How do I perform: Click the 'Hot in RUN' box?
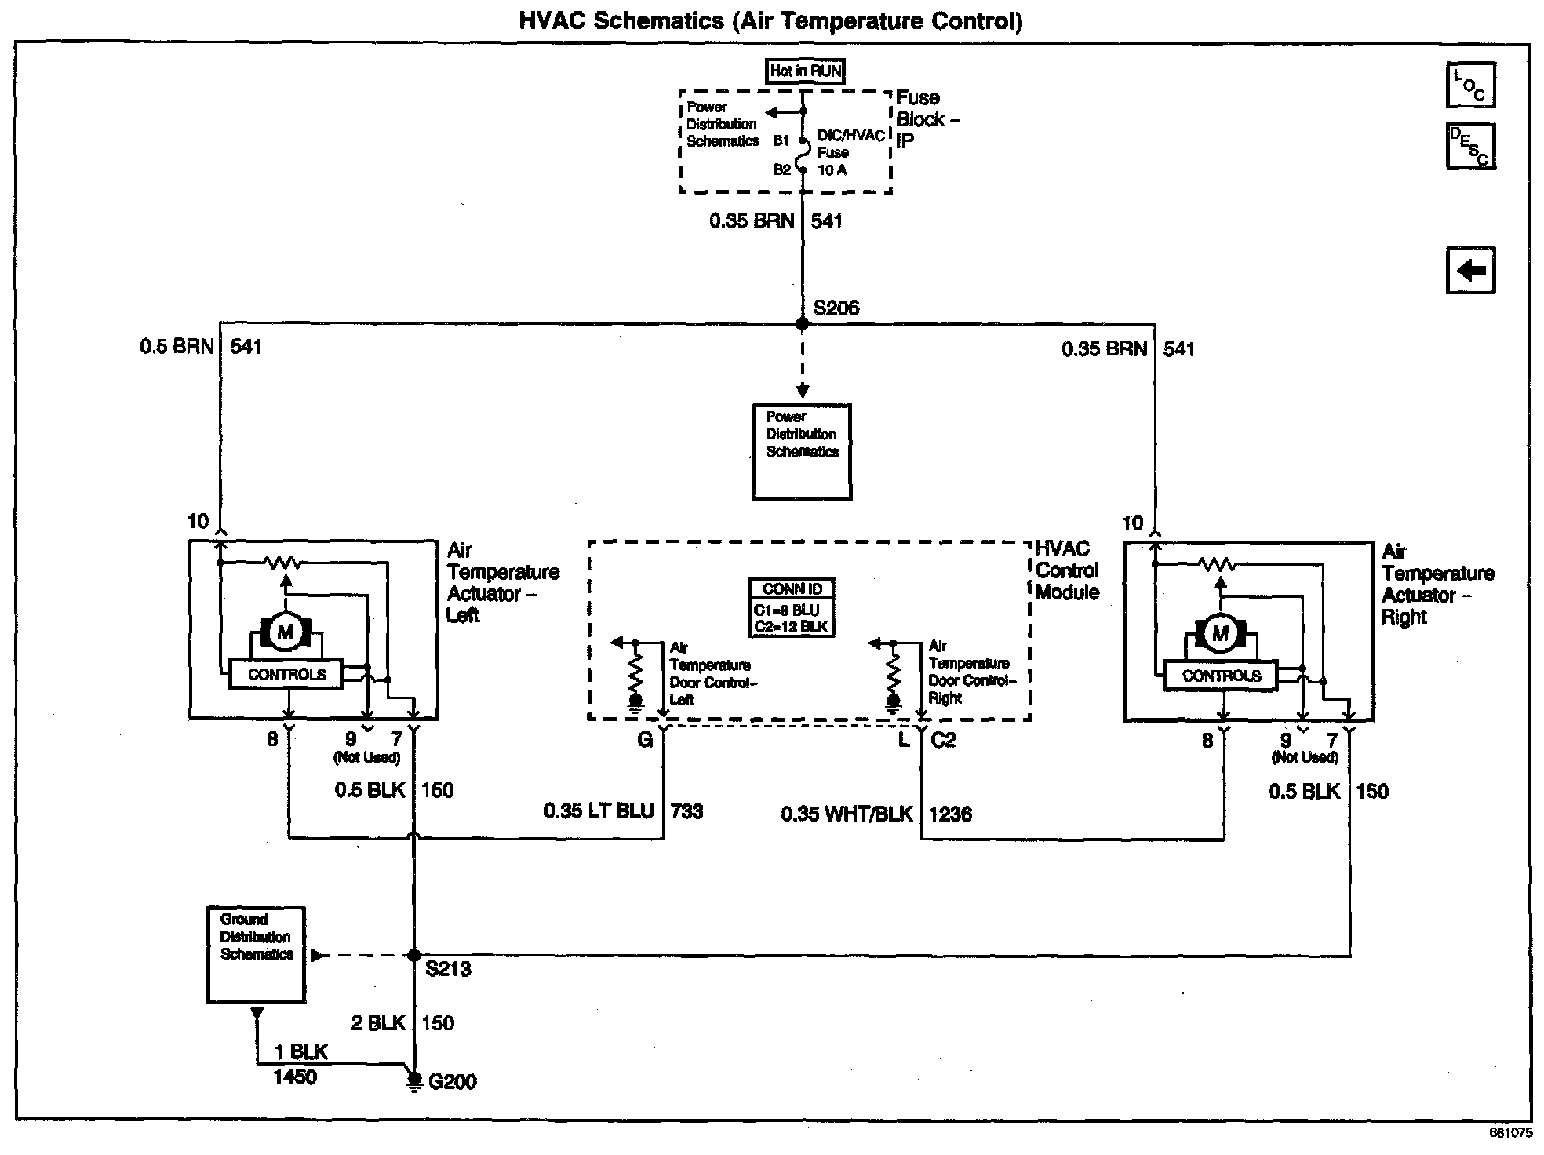(805, 71)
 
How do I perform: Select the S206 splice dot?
(802, 323)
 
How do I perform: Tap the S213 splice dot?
(413, 955)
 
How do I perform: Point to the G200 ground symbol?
(413, 1081)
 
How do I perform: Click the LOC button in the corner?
(1470, 85)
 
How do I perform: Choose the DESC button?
(1470, 146)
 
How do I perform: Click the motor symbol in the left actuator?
(286, 632)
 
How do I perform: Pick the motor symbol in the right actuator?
(1220, 633)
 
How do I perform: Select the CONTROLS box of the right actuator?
(1221, 676)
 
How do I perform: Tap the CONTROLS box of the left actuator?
(286, 675)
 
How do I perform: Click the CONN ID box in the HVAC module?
(792, 607)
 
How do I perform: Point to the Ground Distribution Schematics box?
(256, 954)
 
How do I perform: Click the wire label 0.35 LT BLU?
(599, 811)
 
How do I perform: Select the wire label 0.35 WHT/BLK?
(847, 814)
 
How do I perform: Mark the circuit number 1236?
(950, 814)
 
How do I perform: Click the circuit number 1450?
(295, 1077)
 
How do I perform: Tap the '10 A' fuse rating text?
(832, 170)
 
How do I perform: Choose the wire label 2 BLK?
(378, 1022)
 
